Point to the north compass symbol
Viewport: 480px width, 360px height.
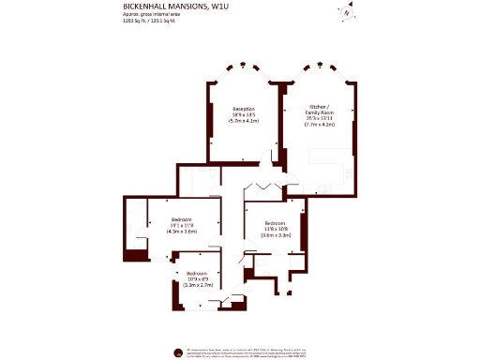346,12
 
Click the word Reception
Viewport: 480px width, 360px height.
244,109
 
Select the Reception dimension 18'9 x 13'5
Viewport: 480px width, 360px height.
244,115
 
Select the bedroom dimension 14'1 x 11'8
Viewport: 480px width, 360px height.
182,225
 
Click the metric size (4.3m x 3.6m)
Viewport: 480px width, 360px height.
182,232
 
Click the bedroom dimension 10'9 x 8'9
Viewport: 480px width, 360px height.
198,278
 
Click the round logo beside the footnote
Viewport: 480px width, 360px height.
178,352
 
